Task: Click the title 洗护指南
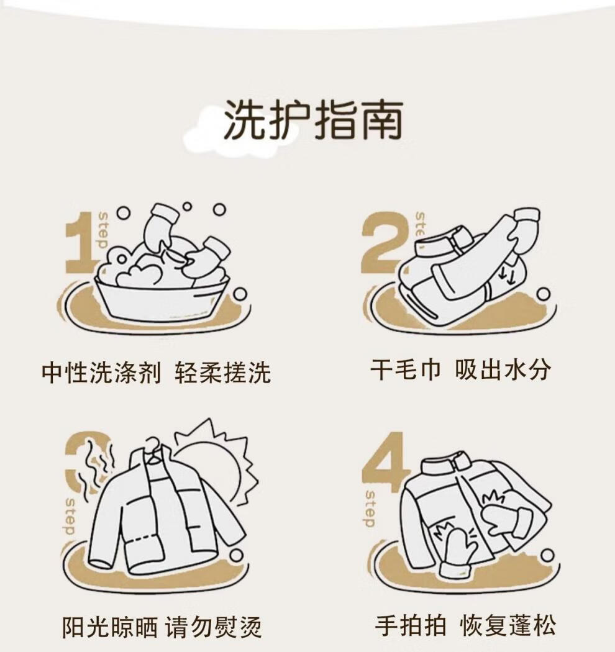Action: tap(314, 120)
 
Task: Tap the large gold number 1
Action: tap(81, 242)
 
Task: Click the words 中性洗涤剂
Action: tap(101, 372)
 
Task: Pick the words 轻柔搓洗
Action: tap(223, 372)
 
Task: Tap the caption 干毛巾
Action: tap(405, 369)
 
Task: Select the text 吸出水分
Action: tap(502, 369)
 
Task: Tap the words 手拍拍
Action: tap(411, 625)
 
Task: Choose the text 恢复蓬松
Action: tap(508, 625)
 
